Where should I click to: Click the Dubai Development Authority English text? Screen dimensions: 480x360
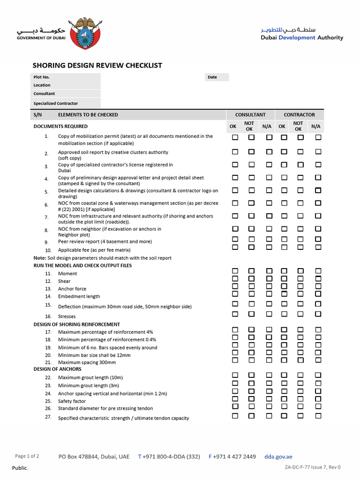tap(302, 38)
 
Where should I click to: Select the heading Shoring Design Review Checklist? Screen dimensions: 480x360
tap(97, 66)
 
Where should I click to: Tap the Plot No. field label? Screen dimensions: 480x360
tap(41, 77)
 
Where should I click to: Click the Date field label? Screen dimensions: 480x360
tap(212, 77)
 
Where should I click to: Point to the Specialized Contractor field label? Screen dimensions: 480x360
tap(55, 103)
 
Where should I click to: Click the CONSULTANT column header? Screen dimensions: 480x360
tap(250, 115)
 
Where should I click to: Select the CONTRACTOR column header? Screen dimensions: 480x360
tap(300, 115)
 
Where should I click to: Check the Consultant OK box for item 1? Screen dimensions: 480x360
tap(235, 137)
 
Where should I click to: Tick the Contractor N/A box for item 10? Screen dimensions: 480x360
tap(318, 247)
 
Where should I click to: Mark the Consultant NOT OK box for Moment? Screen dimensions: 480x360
tap(251, 271)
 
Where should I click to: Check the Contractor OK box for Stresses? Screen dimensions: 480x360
tap(284, 314)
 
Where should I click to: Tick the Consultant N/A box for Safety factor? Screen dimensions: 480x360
tap(269, 398)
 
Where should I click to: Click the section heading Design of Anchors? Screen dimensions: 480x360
tap(57, 369)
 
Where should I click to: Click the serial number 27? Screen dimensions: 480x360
tap(48, 417)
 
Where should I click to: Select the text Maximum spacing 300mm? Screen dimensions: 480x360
tap(87, 362)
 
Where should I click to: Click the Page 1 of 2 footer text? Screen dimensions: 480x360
tap(27, 456)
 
